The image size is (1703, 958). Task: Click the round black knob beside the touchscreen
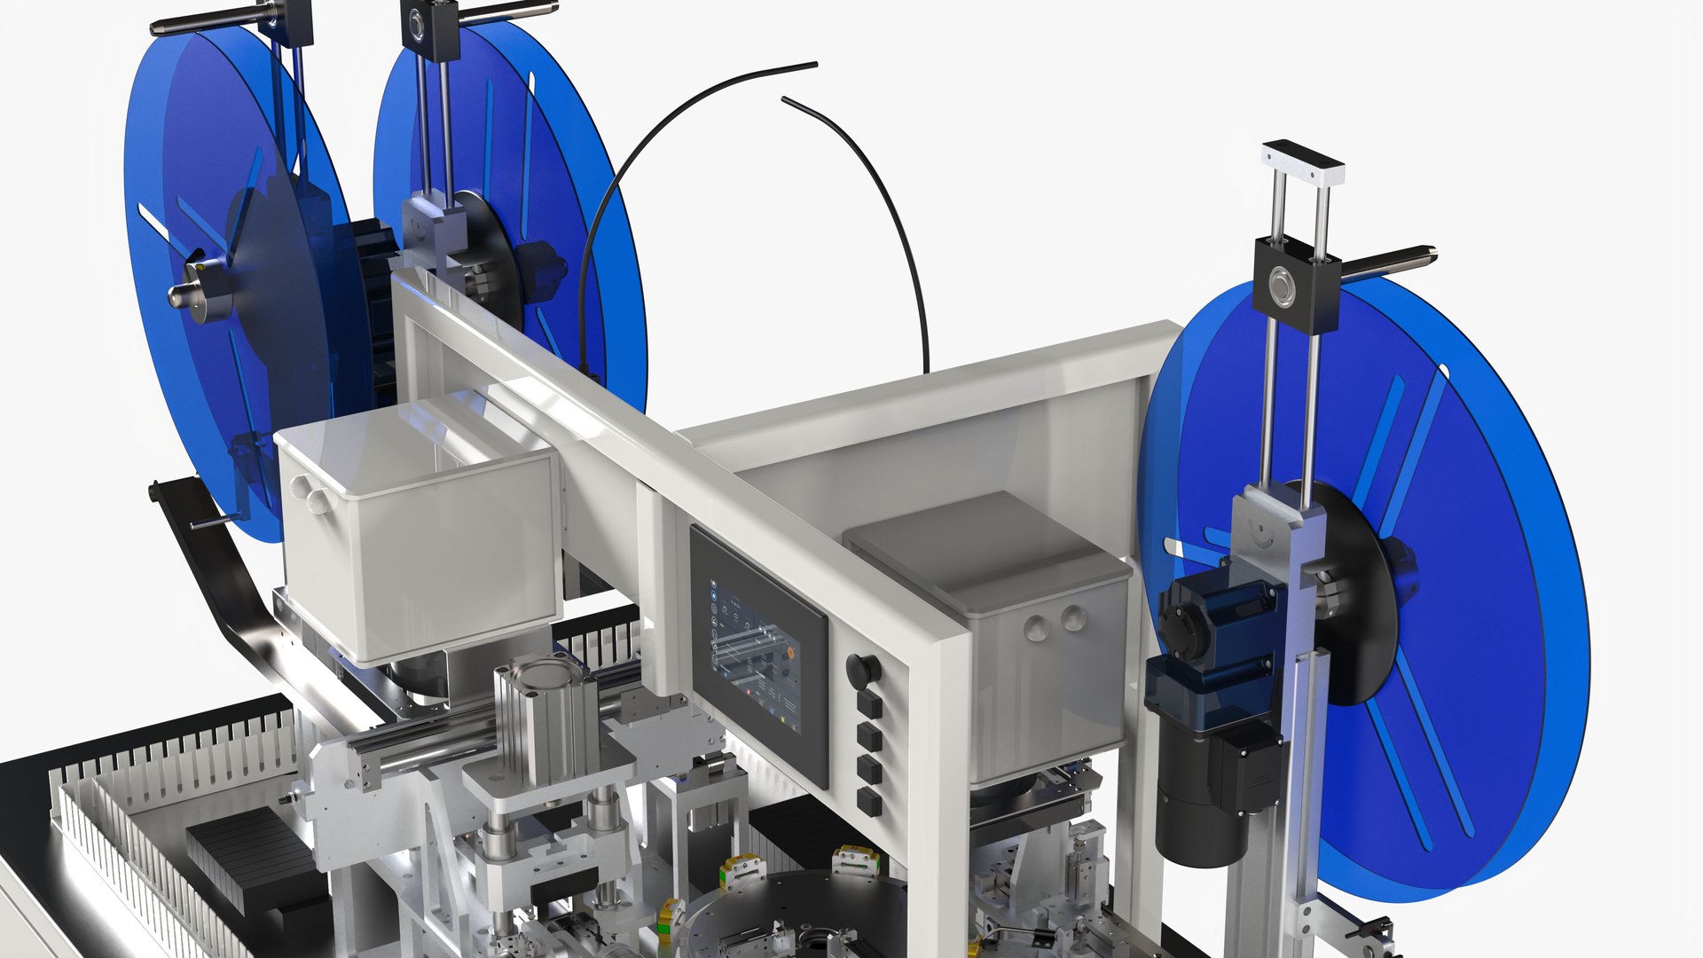[x=858, y=670]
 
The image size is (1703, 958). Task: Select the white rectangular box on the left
[x=417, y=541]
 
